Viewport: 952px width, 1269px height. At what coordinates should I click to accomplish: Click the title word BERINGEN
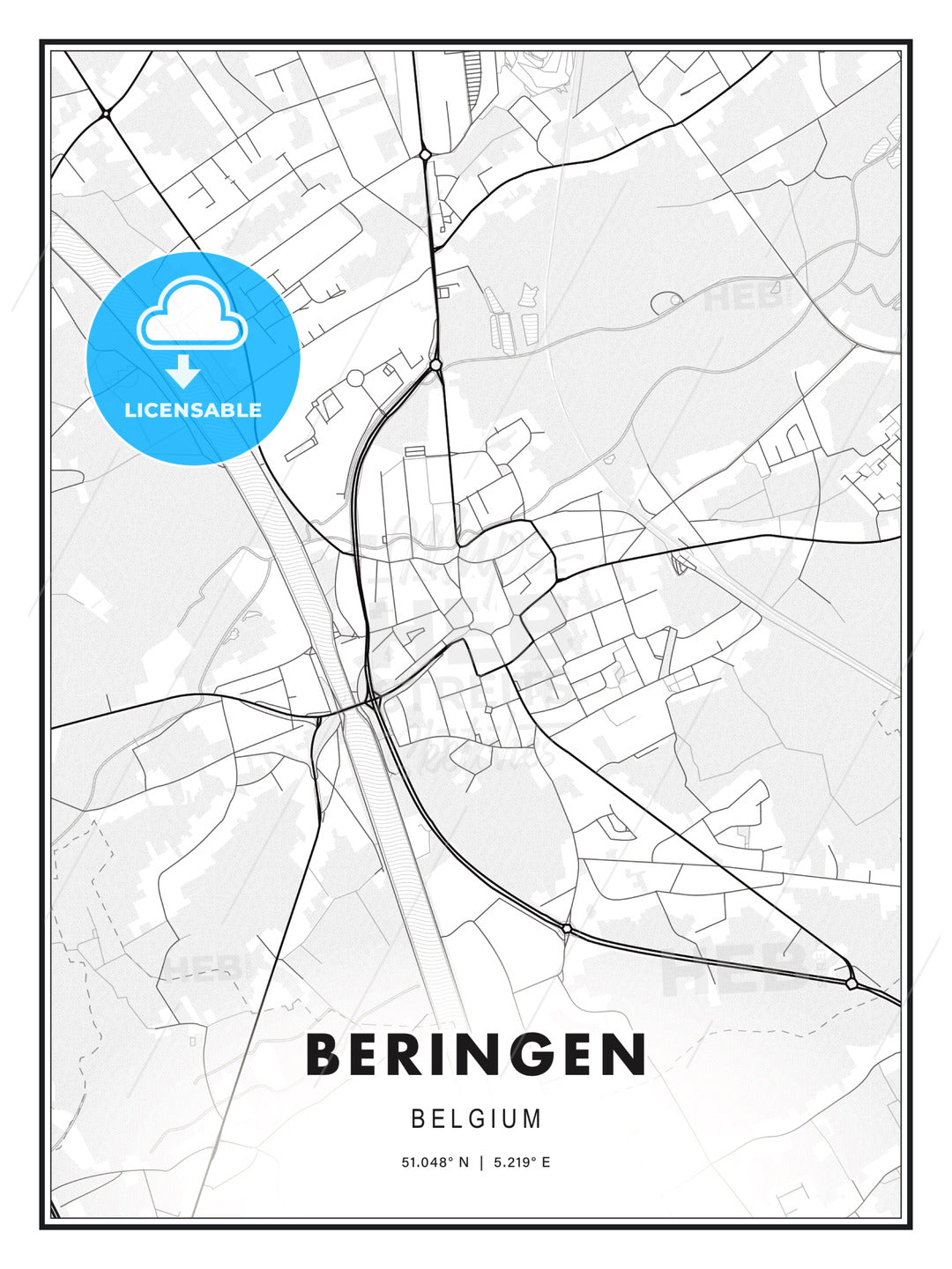(476, 1055)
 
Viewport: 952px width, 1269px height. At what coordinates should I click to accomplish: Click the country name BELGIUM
(476, 1119)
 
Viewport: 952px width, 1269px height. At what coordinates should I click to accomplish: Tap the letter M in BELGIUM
(531, 1119)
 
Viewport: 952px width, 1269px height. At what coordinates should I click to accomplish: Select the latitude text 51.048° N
(435, 1162)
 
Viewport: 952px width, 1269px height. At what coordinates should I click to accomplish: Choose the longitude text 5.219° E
(522, 1162)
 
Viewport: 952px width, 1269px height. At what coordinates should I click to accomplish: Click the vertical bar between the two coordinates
(481, 1162)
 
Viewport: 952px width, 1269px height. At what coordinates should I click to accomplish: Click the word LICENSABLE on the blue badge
(193, 410)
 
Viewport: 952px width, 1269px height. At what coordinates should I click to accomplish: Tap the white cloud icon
(191, 315)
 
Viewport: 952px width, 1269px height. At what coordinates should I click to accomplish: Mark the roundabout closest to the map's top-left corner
(105, 113)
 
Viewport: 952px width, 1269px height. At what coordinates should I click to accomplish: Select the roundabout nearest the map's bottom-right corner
(851, 983)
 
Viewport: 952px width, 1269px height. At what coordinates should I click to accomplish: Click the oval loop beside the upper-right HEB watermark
(666, 302)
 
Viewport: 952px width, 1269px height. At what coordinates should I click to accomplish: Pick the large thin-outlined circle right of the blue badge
(355, 378)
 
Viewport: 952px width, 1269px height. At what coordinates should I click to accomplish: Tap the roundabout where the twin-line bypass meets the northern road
(435, 364)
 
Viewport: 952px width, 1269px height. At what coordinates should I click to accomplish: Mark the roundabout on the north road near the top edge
(425, 154)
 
